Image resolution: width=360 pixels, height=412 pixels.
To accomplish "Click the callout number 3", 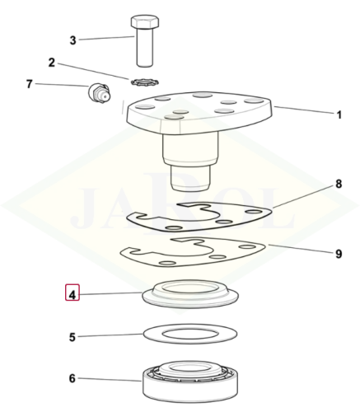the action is tap(72, 40).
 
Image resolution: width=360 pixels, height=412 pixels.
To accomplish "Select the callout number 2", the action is tap(52, 63).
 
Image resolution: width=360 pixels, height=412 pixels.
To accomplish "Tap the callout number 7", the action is tap(30, 84).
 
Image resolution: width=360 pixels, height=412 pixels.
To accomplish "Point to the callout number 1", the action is tap(339, 115).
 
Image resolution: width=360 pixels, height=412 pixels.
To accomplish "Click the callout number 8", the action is tap(339, 184).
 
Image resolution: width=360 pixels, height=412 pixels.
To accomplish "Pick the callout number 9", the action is tap(339, 254).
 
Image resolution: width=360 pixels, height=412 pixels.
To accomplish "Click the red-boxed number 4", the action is tap(72, 295).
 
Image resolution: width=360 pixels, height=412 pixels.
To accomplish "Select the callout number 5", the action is tap(72, 337).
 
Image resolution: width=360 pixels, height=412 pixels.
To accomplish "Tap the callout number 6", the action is tap(72, 379).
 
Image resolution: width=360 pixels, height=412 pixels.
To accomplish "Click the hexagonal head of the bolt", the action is tap(145, 22).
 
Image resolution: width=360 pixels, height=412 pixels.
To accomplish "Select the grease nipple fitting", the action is tap(100, 92).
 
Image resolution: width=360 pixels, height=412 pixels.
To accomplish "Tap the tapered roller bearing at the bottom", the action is tap(190, 382).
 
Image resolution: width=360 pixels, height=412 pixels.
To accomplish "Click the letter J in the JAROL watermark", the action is tap(82, 208).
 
